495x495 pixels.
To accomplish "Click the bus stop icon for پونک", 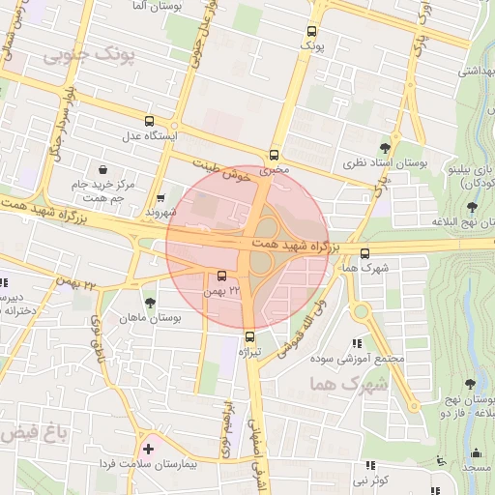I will point(311,31).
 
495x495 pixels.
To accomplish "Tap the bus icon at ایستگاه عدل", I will point(148,121).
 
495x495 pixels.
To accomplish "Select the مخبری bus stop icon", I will point(275,155).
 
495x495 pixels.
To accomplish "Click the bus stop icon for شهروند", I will point(160,197).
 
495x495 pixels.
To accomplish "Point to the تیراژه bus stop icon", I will point(251,336).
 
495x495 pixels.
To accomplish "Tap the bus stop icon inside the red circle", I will point(221,277).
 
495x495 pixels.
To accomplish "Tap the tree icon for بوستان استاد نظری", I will point(386,147).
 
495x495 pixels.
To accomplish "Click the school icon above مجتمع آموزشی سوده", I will point(357,342).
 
